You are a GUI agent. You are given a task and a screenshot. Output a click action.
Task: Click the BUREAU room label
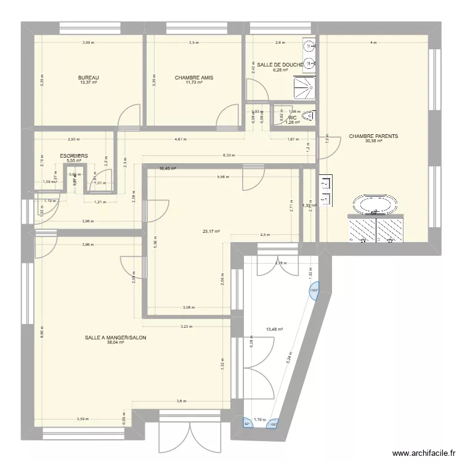(89, 78)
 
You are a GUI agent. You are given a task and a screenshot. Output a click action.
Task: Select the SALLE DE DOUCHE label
(280, 65)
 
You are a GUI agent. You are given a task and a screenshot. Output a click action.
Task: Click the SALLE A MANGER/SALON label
(116, 338)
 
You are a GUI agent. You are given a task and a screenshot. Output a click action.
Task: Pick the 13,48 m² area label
(274, 329)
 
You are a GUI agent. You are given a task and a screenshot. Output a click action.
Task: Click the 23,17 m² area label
(211, 232)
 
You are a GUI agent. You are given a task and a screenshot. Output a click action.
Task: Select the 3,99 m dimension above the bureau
(89, 43)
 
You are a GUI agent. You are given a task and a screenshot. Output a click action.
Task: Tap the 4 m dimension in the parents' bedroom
(373, 43)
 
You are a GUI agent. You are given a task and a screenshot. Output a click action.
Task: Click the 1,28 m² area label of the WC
(293, 122)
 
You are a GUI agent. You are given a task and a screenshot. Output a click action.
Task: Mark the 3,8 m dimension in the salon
(180, 401)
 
